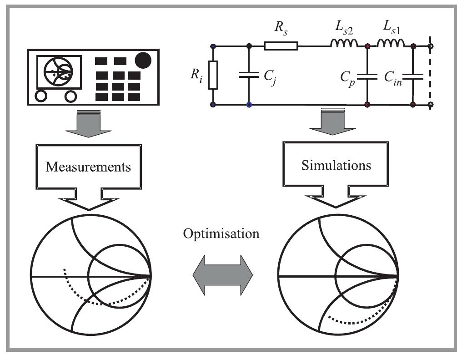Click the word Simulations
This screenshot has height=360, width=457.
[336, 165]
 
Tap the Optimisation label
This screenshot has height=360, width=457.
[221, 233]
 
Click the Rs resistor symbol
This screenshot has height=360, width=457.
[281, 46]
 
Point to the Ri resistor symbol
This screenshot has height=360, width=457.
[213, 75]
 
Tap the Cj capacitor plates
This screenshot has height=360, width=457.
[249, 76]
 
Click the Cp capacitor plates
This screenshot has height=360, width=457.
[367, 76]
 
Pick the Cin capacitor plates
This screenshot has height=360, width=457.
[413, 76]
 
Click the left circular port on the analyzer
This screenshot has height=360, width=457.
[41, 96]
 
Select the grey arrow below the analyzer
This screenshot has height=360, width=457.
[88, 125]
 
